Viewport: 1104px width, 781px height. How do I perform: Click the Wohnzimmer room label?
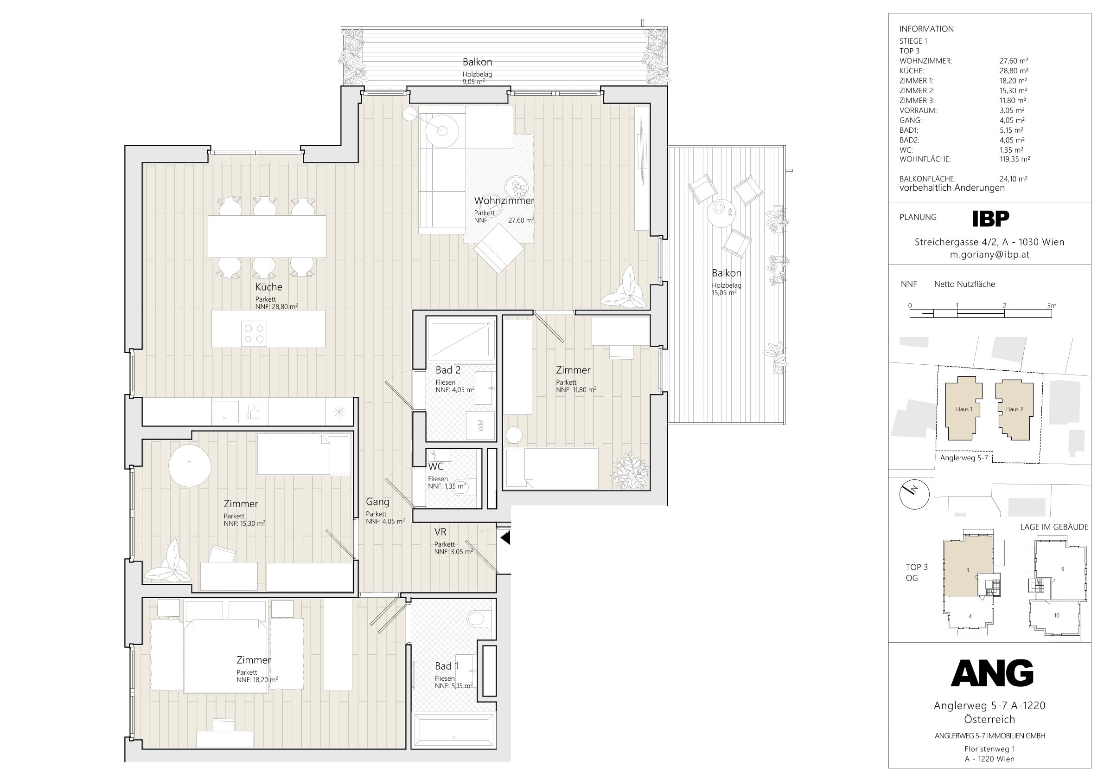504,200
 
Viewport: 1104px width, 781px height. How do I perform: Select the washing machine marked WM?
481,426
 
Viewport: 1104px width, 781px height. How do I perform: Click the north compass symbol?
914,494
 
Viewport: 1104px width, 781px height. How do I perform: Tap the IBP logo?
990,219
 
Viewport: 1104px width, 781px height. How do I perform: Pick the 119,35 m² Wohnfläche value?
1015,159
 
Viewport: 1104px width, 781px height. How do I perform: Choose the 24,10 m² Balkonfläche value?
1014,179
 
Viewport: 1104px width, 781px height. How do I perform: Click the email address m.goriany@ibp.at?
989,255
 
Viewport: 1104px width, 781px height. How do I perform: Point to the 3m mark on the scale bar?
1052,305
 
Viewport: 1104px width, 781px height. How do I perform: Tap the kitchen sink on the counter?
225,413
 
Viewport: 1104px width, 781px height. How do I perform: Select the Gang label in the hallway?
377,502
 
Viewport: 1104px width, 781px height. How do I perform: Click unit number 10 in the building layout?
1056,615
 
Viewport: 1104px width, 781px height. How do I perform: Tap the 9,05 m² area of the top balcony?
473,82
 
